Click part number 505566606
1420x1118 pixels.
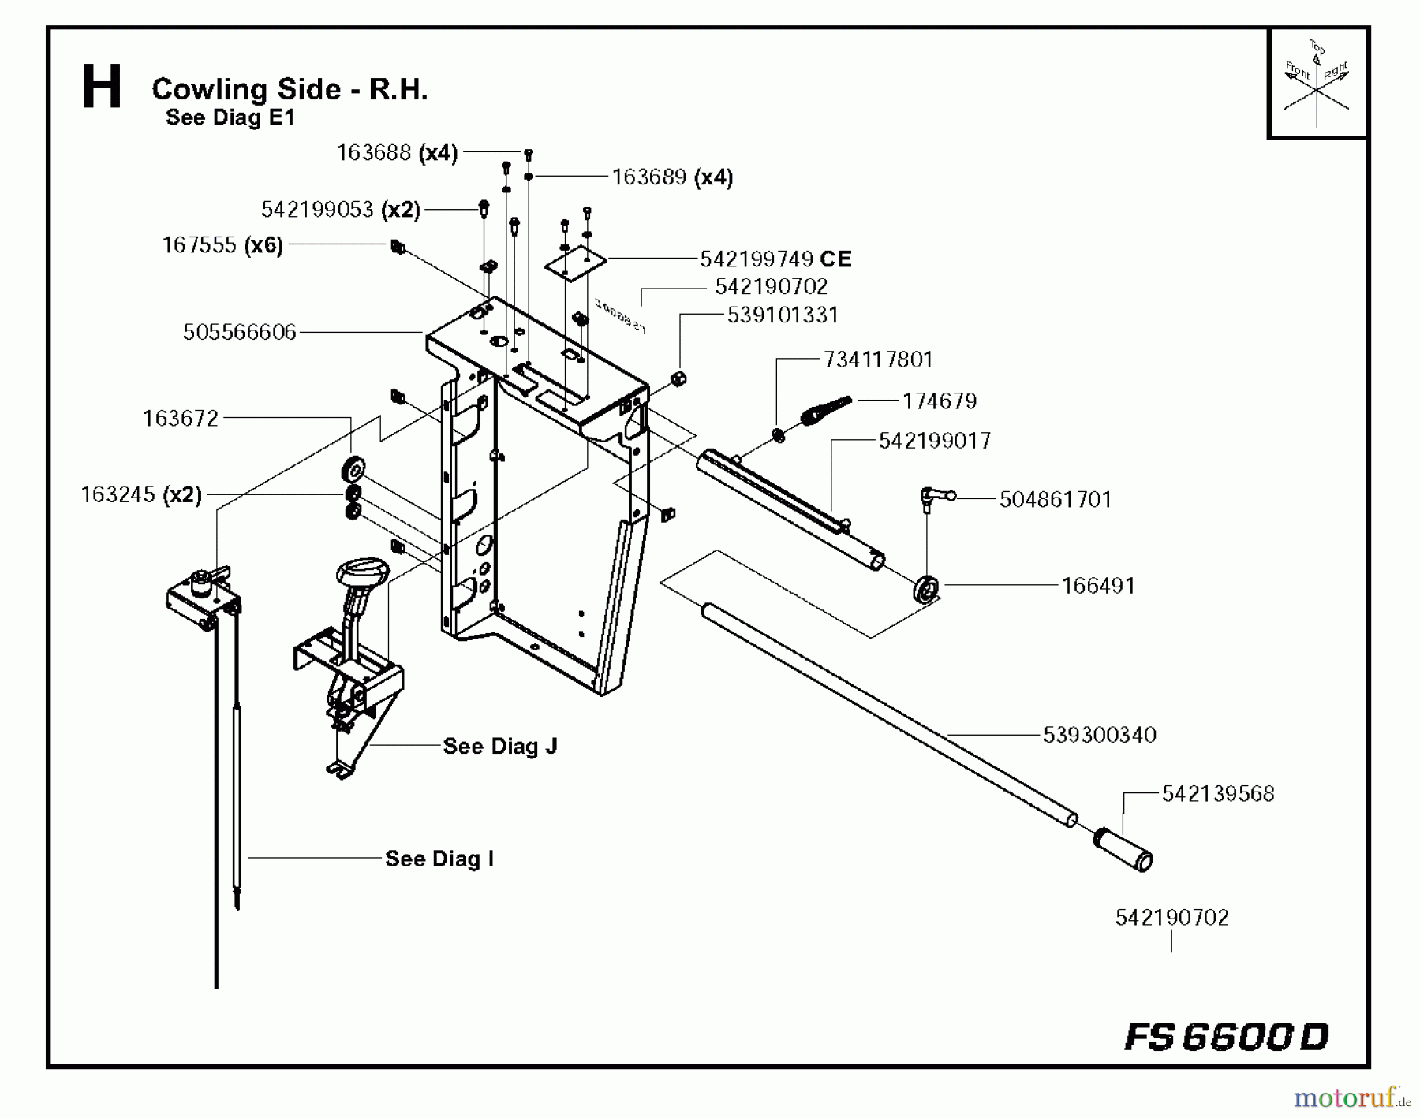(x=240, y=332)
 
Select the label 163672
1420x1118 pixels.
(x=181, y=418)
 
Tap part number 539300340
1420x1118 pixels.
(x=1100, y=735)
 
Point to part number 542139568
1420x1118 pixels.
(x=1218, y=794)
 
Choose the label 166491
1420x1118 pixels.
(x=1098, y=586)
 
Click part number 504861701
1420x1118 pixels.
(x=1056, y=500)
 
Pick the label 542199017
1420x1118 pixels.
(x=935, y=441)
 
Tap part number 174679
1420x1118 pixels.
(x=940, y=401)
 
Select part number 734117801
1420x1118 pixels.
(x=878, y=360)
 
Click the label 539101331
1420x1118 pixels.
(x=783, y=315)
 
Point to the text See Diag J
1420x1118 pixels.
(x=500, y=746)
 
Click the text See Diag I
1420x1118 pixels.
(x=439, y=859)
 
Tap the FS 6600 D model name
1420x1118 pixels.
(x=1227, y=1036)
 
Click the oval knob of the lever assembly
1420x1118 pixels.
(x=363, y=571)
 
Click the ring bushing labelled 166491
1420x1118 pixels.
(x=926, y=588)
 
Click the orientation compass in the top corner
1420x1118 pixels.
(x=1317, y=84)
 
